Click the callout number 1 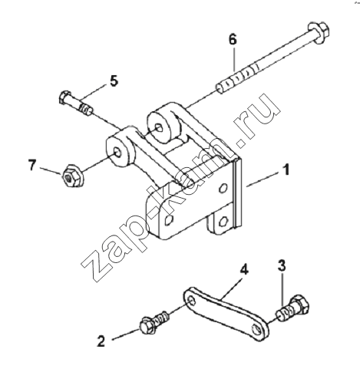(286, 170)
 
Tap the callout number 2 (101, 341)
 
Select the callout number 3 (282, 266)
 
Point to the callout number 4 (244, 270)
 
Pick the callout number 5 (114, 81)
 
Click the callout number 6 (233, 40)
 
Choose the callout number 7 (32, 165)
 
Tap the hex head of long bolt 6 (318, 32)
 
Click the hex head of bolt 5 (64, 97)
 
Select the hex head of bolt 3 (299, 305)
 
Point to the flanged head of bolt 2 (147, 326)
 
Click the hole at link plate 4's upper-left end (191, 300)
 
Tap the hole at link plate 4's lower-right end (256, 329)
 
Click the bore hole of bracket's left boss (118, 152)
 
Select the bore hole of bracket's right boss (159, 127)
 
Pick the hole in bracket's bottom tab (224, 220)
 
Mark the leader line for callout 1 (263, 179)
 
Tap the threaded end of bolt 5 (87, 110)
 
